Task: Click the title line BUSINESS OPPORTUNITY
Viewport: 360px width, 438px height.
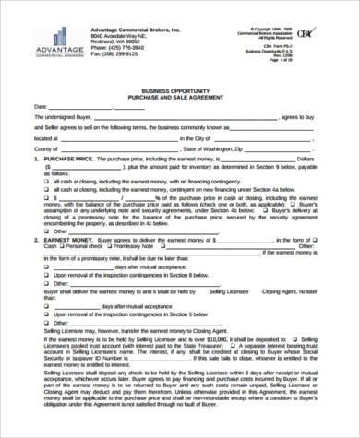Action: tap(180, 79)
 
